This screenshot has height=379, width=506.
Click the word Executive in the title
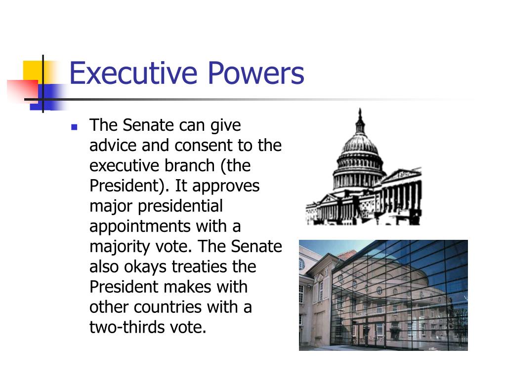click(x=133, y=73)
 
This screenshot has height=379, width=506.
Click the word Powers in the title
click(x=255, y=73)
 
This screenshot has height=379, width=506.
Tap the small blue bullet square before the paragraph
click(x=74, y=127)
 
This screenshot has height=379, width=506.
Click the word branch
click(x=188, y=166)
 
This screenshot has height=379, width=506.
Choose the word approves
click(x=226, y=186)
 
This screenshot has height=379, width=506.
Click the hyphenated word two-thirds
click(x=124, y=327)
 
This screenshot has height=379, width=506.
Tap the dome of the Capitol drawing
click(x=359, y=148)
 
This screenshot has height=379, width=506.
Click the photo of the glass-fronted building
click(x=383, y=295)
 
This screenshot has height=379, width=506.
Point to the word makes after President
click(x=186, y=287)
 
